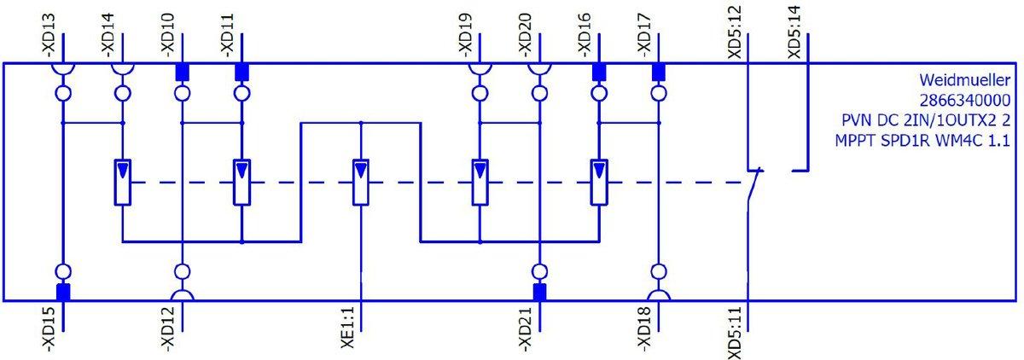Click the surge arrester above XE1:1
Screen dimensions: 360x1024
(362, 182)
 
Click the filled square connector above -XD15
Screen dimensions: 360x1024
(62, 292)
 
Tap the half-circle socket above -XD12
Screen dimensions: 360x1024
(182, 294)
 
